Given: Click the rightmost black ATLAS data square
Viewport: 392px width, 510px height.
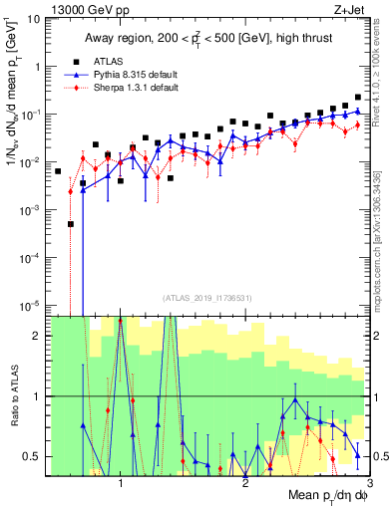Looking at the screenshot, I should coord(358,98).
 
